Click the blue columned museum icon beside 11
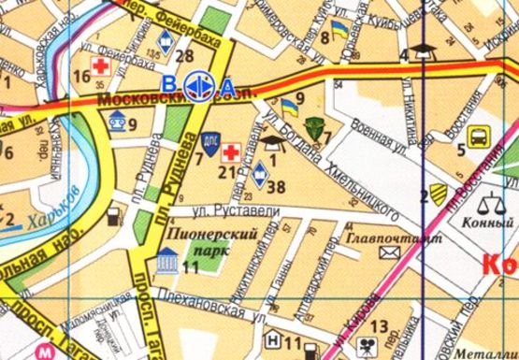[x=168, y=261]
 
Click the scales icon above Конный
[x=488, y=201]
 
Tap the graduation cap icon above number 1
[x=272, y=142]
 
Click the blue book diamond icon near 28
[x=166, y=40]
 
